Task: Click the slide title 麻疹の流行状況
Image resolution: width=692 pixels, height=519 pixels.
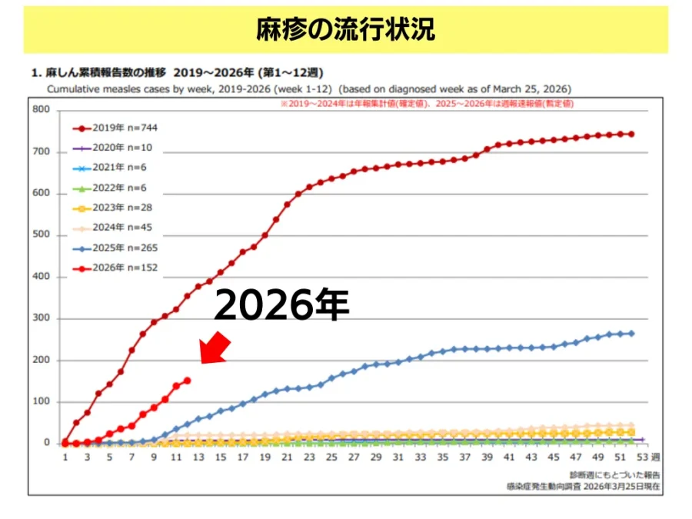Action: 345,28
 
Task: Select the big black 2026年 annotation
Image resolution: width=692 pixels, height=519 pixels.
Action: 281,306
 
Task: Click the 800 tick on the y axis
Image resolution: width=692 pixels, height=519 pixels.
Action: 42,110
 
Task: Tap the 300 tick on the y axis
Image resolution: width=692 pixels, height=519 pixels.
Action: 42,318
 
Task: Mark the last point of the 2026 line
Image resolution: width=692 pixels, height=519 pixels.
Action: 187,380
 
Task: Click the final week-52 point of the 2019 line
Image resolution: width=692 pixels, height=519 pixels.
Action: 631,134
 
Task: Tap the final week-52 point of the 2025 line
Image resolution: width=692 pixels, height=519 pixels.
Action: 631,333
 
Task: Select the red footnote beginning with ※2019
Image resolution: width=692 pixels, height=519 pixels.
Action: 427,102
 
